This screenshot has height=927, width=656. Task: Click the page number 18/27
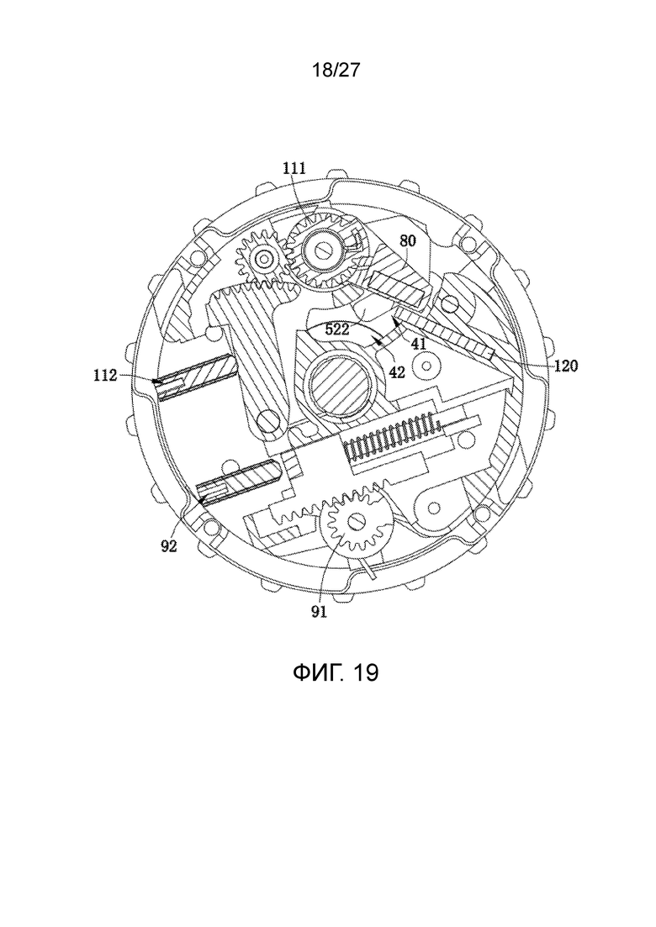tap(336, 71)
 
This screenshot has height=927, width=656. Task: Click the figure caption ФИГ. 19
tap(336, 672)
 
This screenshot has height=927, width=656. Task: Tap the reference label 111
tap(294, 168)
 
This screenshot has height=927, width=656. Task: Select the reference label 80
tap(408, 241)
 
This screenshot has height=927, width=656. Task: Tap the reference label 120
tap(566, 366)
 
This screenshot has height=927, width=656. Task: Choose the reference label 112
tap(105, 375)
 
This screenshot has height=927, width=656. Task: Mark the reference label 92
tap(169, 546)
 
